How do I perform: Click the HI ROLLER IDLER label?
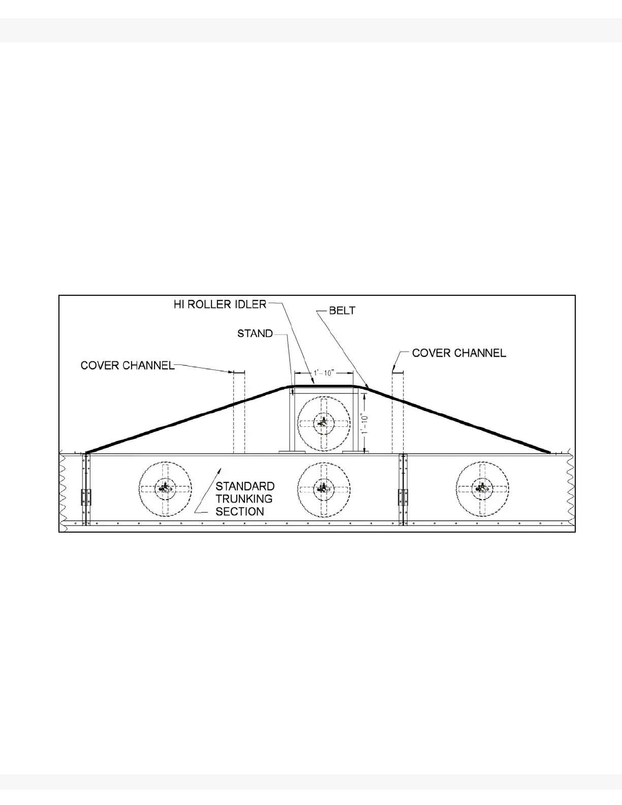click(x=220, y=304)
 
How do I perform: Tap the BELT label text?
click(x=343, y=310)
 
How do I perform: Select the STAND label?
click(x=255, y=333)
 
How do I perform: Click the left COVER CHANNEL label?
click(x=128, y=365)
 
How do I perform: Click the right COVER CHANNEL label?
click(x=459, y=353)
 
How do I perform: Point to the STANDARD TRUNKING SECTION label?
click(x=245, y=499)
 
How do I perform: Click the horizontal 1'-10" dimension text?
click(x=323, y=373)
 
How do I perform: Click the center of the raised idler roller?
click(x=323, y=422)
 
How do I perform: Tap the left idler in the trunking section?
click(x=165, y=488)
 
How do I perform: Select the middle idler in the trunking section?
click(x=323, y=488)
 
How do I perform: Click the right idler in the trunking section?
click(x=481, y=488)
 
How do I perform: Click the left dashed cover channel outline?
click(x=239, y=412)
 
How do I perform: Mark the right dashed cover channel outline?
click(x=397, y=412)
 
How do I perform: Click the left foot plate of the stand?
click(x=292, y=451)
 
